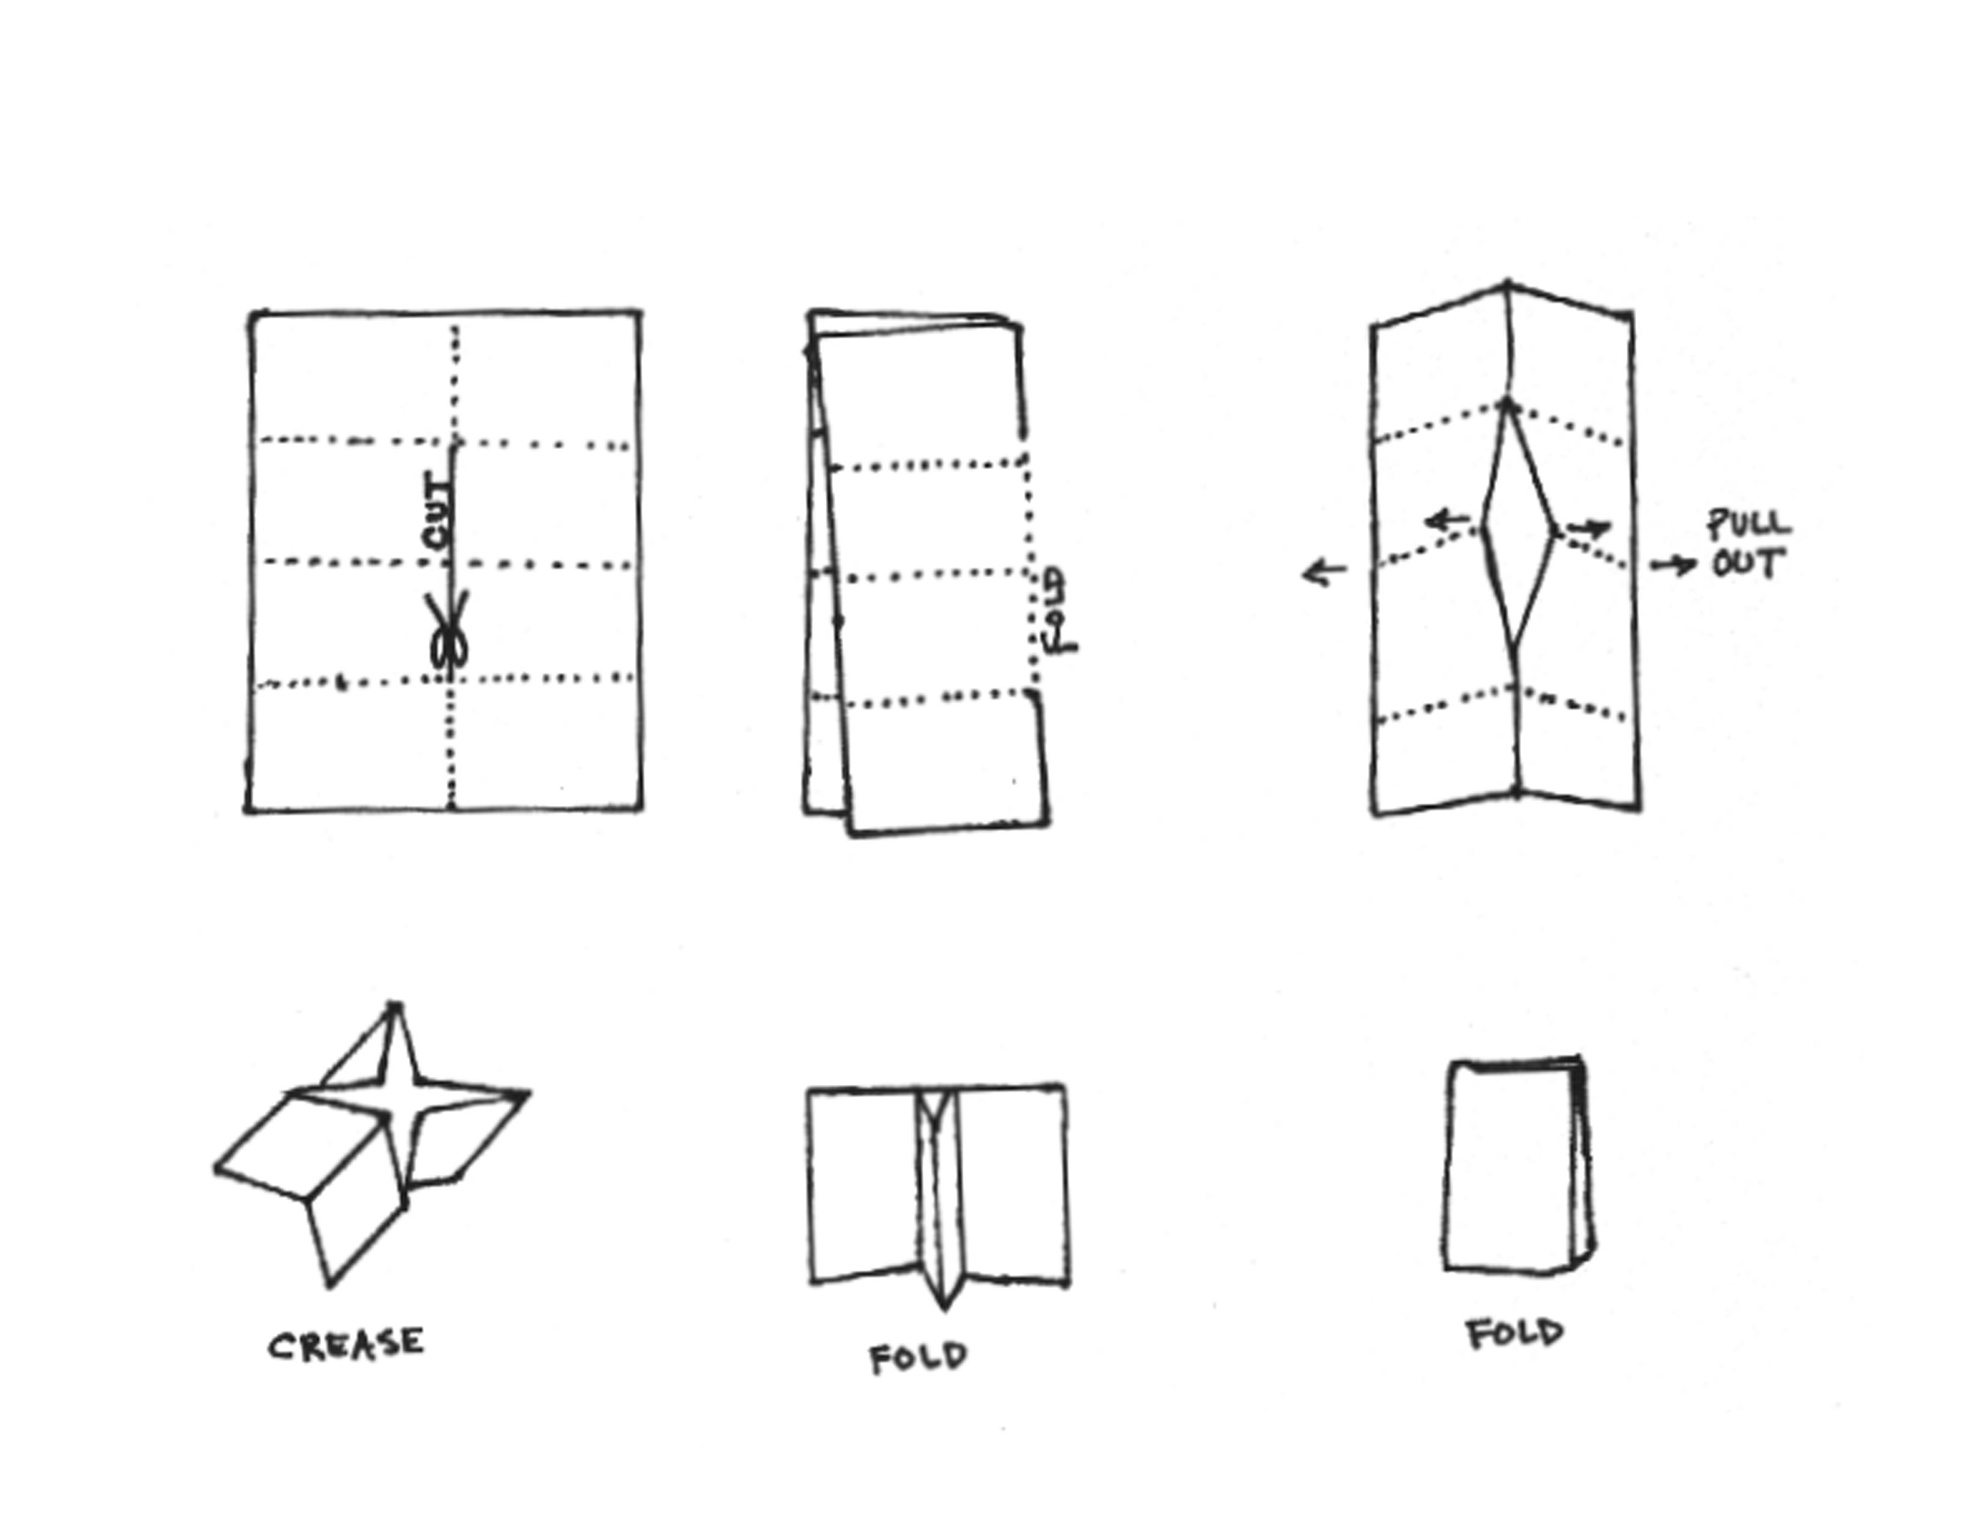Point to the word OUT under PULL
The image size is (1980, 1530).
(1746, 564)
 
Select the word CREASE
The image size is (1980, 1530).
(346, 1344)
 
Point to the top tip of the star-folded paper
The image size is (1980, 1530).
(394, 1006)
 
